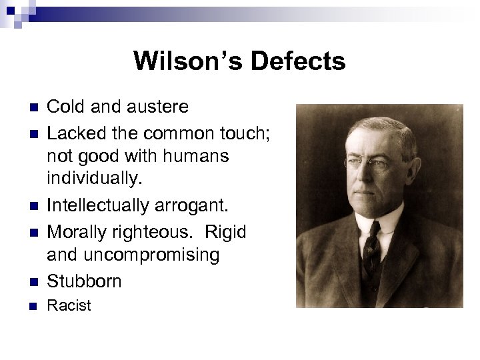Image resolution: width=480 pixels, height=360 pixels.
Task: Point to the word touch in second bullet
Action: click(x=243, y=133)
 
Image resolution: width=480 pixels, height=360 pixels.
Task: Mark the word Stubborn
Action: click(x=84, y=281)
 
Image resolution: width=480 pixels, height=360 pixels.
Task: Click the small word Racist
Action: click(x=69, y=306)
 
